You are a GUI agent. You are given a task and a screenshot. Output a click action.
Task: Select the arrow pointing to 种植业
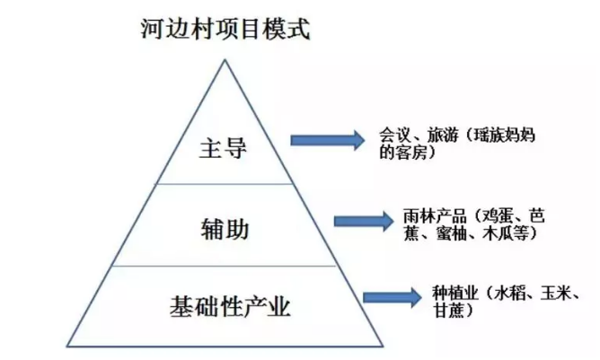[394, 297]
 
